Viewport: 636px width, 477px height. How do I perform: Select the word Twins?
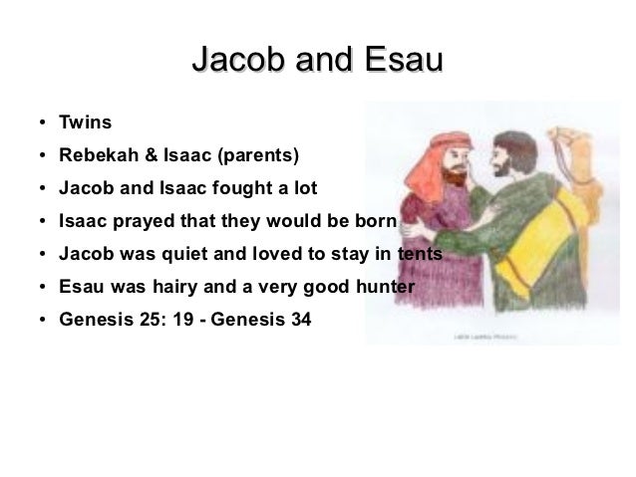tap(85, 124)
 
